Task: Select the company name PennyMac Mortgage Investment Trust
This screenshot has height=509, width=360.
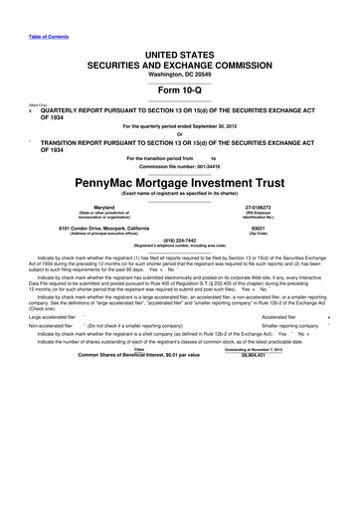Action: coord(180,184)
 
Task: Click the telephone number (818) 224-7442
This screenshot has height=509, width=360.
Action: coord(180,239)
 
